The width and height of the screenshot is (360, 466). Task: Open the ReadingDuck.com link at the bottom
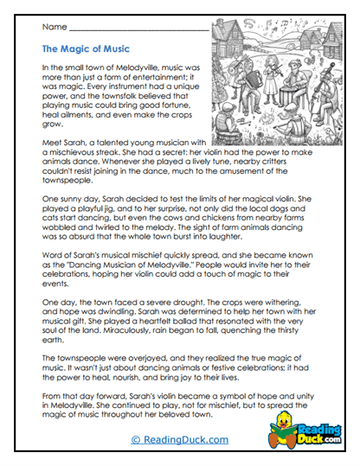(180, 438)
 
